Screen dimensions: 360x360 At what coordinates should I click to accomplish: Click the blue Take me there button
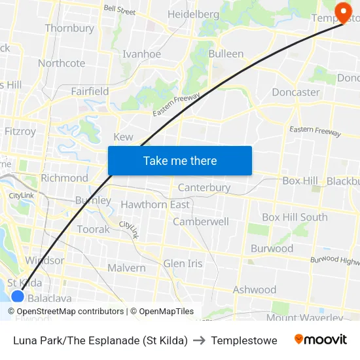pyautogui.click(x=180, y=160)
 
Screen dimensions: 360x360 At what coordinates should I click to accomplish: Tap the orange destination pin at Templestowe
pyautogui.click(x=342, y=11)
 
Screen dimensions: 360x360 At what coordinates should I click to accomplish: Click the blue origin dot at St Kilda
pyautogui.click(x=18, y=296)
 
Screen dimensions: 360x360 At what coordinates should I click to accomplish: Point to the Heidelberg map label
pyautogui.click(x=193, y=14)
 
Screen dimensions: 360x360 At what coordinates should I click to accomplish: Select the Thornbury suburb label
pyautogui.click(x=69, y=28)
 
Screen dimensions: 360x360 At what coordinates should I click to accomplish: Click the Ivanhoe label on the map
pyautogui.click(x=141, y=54)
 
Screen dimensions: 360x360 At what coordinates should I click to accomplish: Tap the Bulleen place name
pyautogui.click(x=226, y=54)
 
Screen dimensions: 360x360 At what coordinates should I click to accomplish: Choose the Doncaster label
pyautogui.click(x=296, y=92)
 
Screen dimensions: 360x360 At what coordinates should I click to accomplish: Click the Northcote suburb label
pyautogui.click(x=62, y=63)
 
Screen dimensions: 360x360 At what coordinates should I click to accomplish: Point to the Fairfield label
pyautogui.click(x=90, y=91)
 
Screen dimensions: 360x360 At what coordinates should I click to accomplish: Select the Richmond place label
pyautogui.click(x=64, y=178)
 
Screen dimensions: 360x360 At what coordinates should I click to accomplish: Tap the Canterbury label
pyautogui.click(x=204, y=188)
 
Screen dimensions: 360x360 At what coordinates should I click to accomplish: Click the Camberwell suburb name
pyautogui.click(x=201, y=222)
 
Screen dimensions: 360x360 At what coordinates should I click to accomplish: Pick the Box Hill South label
pyautogui.click(x=295, y=217)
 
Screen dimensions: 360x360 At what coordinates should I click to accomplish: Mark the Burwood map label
pyautogui.click(x=272, y=249)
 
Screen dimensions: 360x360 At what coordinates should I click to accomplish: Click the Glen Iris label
pyautogui.click(x=183, y=263)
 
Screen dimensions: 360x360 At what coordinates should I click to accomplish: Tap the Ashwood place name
pyautogui.click(x=255, y=289)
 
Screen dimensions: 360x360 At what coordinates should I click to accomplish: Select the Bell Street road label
pyautogui.click(x=120, y=11)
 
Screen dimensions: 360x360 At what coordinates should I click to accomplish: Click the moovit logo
pyautogui.click(x=320, y=340)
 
